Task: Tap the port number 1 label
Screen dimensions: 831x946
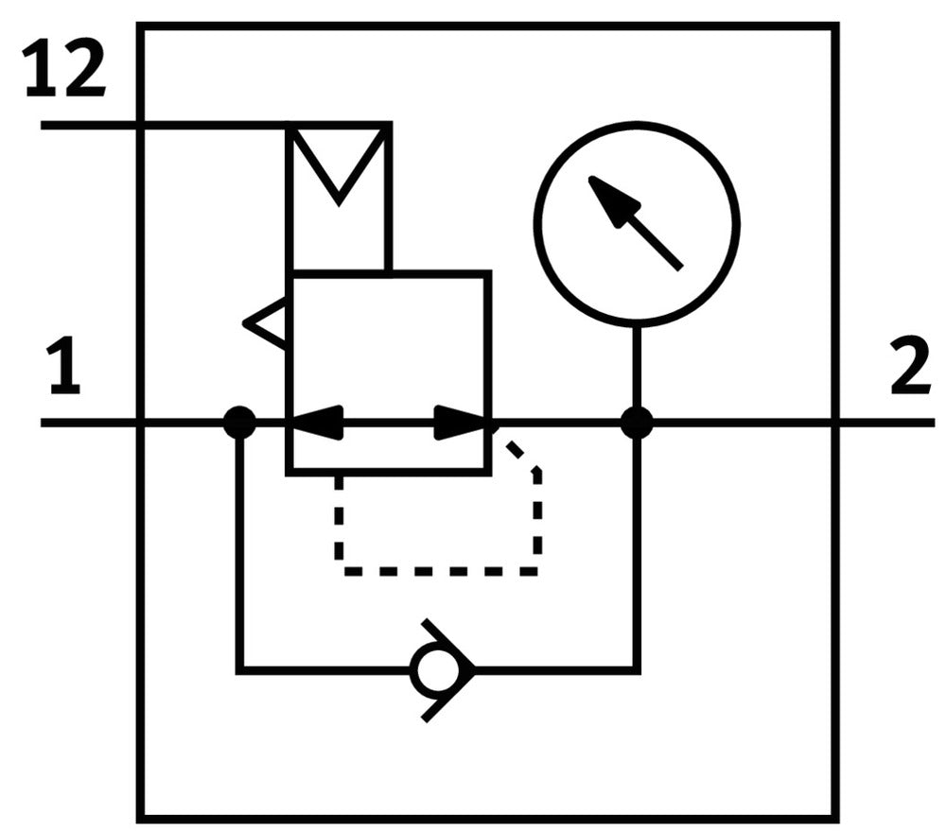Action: click(x=64, y=370)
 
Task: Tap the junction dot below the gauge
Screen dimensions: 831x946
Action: click(x=637, y=423)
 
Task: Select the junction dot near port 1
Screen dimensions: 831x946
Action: click(x=239, y=423)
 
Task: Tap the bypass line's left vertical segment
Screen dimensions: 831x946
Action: click(x=239, y=548)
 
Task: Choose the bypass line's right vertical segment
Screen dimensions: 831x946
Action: click(x=637, y=548)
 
